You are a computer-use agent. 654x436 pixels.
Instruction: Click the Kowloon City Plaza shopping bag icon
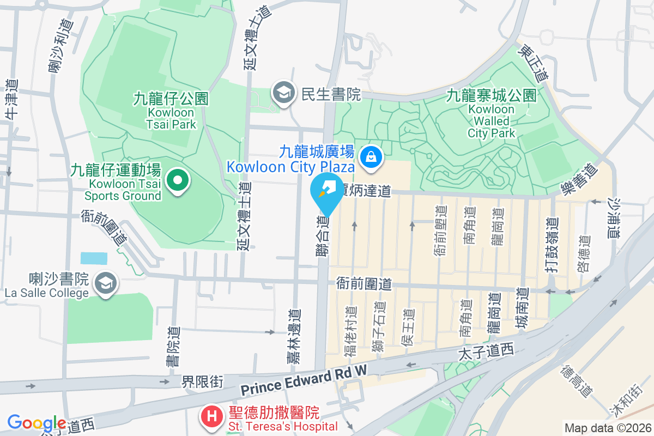tap(371, 157)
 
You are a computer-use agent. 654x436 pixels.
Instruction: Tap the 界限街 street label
tap(202, 381)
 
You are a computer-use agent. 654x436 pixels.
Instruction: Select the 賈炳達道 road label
tap(366, 190)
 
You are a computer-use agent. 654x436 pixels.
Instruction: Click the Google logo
tap(37, 423)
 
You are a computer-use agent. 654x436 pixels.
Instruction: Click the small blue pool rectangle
tap(94, 258)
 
